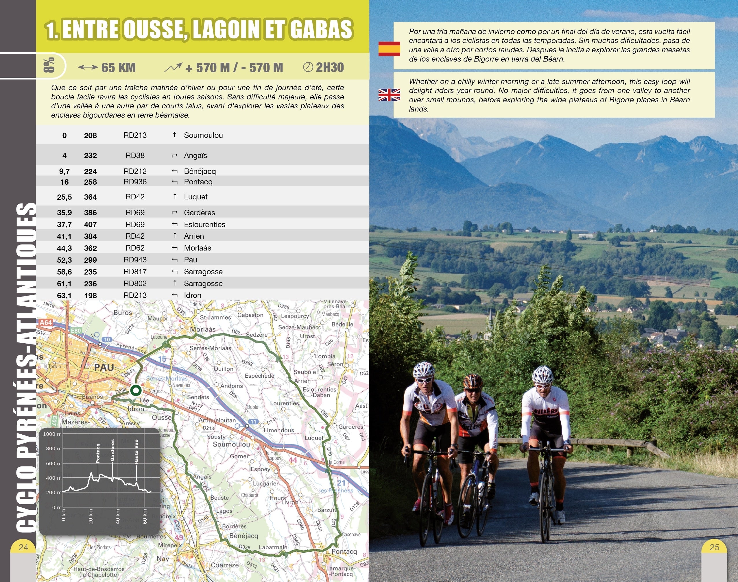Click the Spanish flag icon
pos(389,49)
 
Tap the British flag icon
pos(389,95)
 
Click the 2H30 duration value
pos(329,67)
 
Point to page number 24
pos(23,547)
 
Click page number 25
pos(714,547)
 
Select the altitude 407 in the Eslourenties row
pos(91,225)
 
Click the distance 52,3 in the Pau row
pos(64,260)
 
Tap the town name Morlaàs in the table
pos(198,248)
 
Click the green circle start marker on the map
pos(136,390)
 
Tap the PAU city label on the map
pos(104,367)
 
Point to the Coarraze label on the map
pos(224,565)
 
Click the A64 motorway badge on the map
pos(46,322)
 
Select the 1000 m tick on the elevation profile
pos(52,434)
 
